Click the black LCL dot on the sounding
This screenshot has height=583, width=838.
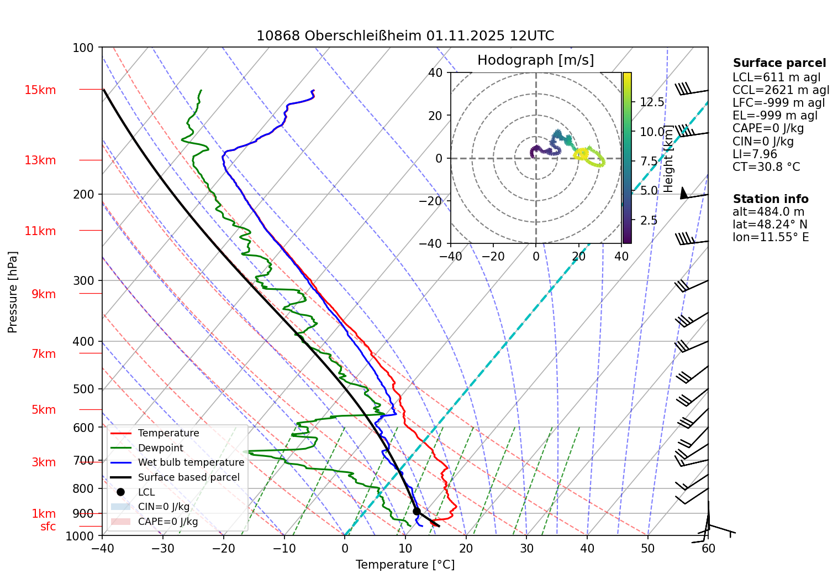coord(417,511)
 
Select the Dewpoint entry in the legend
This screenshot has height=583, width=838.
coord(160,448)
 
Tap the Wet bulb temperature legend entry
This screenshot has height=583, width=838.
coord(191,462)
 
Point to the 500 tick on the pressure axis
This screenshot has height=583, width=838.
coord(83,389)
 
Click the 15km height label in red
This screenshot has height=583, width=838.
coord(40,90)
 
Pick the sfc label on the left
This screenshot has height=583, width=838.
coord(48,527)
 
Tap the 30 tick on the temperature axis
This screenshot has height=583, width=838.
coord(526,548)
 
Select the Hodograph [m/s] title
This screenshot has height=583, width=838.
coord(535,60)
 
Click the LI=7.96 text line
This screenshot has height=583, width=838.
coord(755,154)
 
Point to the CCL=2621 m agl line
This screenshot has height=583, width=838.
coord(781,90)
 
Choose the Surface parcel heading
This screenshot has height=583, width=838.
coord(779,63)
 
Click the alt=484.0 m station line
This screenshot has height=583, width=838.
coord(768,212)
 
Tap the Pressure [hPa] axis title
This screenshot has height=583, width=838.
coord(13,292)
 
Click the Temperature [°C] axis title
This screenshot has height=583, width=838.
coord(405,565)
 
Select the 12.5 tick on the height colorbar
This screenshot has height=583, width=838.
coord(652,102)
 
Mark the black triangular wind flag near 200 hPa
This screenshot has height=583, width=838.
coord(683,193)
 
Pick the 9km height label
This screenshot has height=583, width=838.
coord(44,294)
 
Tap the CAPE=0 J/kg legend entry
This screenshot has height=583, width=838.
coord(167,522)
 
